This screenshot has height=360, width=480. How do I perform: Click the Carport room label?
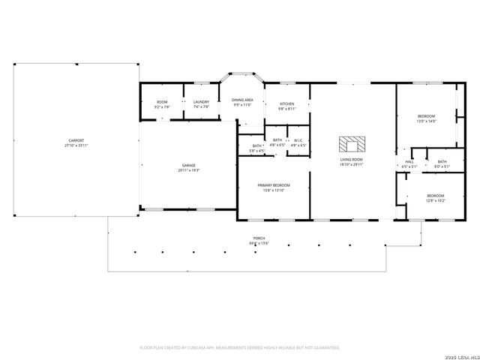pos(76,140)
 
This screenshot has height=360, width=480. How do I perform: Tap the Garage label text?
pos(188,166)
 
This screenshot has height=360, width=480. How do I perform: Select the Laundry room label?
pos(201,103)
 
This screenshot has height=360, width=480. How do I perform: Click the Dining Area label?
pos(242,100)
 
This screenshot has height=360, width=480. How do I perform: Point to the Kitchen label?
pos(286,103)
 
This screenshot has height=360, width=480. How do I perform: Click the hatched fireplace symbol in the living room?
pos(350,143)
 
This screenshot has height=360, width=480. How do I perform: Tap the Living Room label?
pos(351,159)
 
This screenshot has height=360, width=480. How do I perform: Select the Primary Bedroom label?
pos(274,185)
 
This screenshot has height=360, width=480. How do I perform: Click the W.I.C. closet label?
pos(298,140)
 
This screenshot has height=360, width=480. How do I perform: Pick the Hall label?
pos(409,161)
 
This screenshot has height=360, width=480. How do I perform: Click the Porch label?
pos(259,238)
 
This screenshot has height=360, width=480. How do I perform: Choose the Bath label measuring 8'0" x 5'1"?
pos(442,161)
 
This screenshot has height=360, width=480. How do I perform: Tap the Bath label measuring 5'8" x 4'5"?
pos(257,146)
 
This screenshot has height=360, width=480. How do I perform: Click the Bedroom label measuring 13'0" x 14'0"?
pos(426,116)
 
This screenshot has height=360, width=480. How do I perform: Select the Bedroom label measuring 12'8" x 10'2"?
pos(436,196)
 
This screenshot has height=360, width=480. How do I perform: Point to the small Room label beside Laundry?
pos(162,103)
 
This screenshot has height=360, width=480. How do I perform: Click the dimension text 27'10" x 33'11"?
pos(76,145)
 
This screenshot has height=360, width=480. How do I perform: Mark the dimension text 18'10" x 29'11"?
pos(351,163)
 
